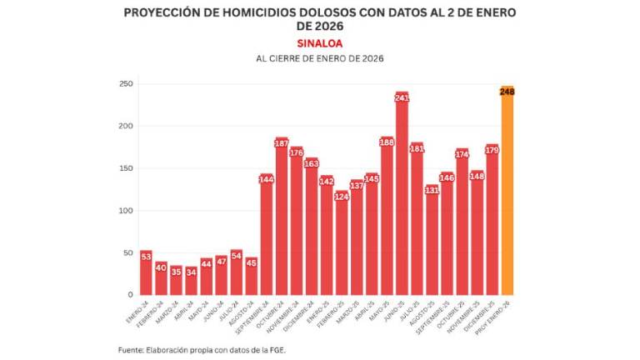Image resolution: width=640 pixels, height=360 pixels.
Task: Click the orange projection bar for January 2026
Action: point(507,200)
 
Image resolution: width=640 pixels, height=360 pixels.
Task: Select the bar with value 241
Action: point(402,200)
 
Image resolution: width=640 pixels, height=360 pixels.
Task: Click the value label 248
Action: point(507,92)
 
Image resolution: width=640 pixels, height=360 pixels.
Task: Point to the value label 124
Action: point(342,197)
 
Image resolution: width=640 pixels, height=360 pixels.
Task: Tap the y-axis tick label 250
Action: point(126,84)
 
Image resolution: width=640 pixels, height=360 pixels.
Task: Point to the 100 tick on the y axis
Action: point(126,210)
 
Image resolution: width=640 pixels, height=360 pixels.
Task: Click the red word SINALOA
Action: point(320,42)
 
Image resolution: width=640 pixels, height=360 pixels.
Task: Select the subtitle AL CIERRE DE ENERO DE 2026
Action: point(320,58)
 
